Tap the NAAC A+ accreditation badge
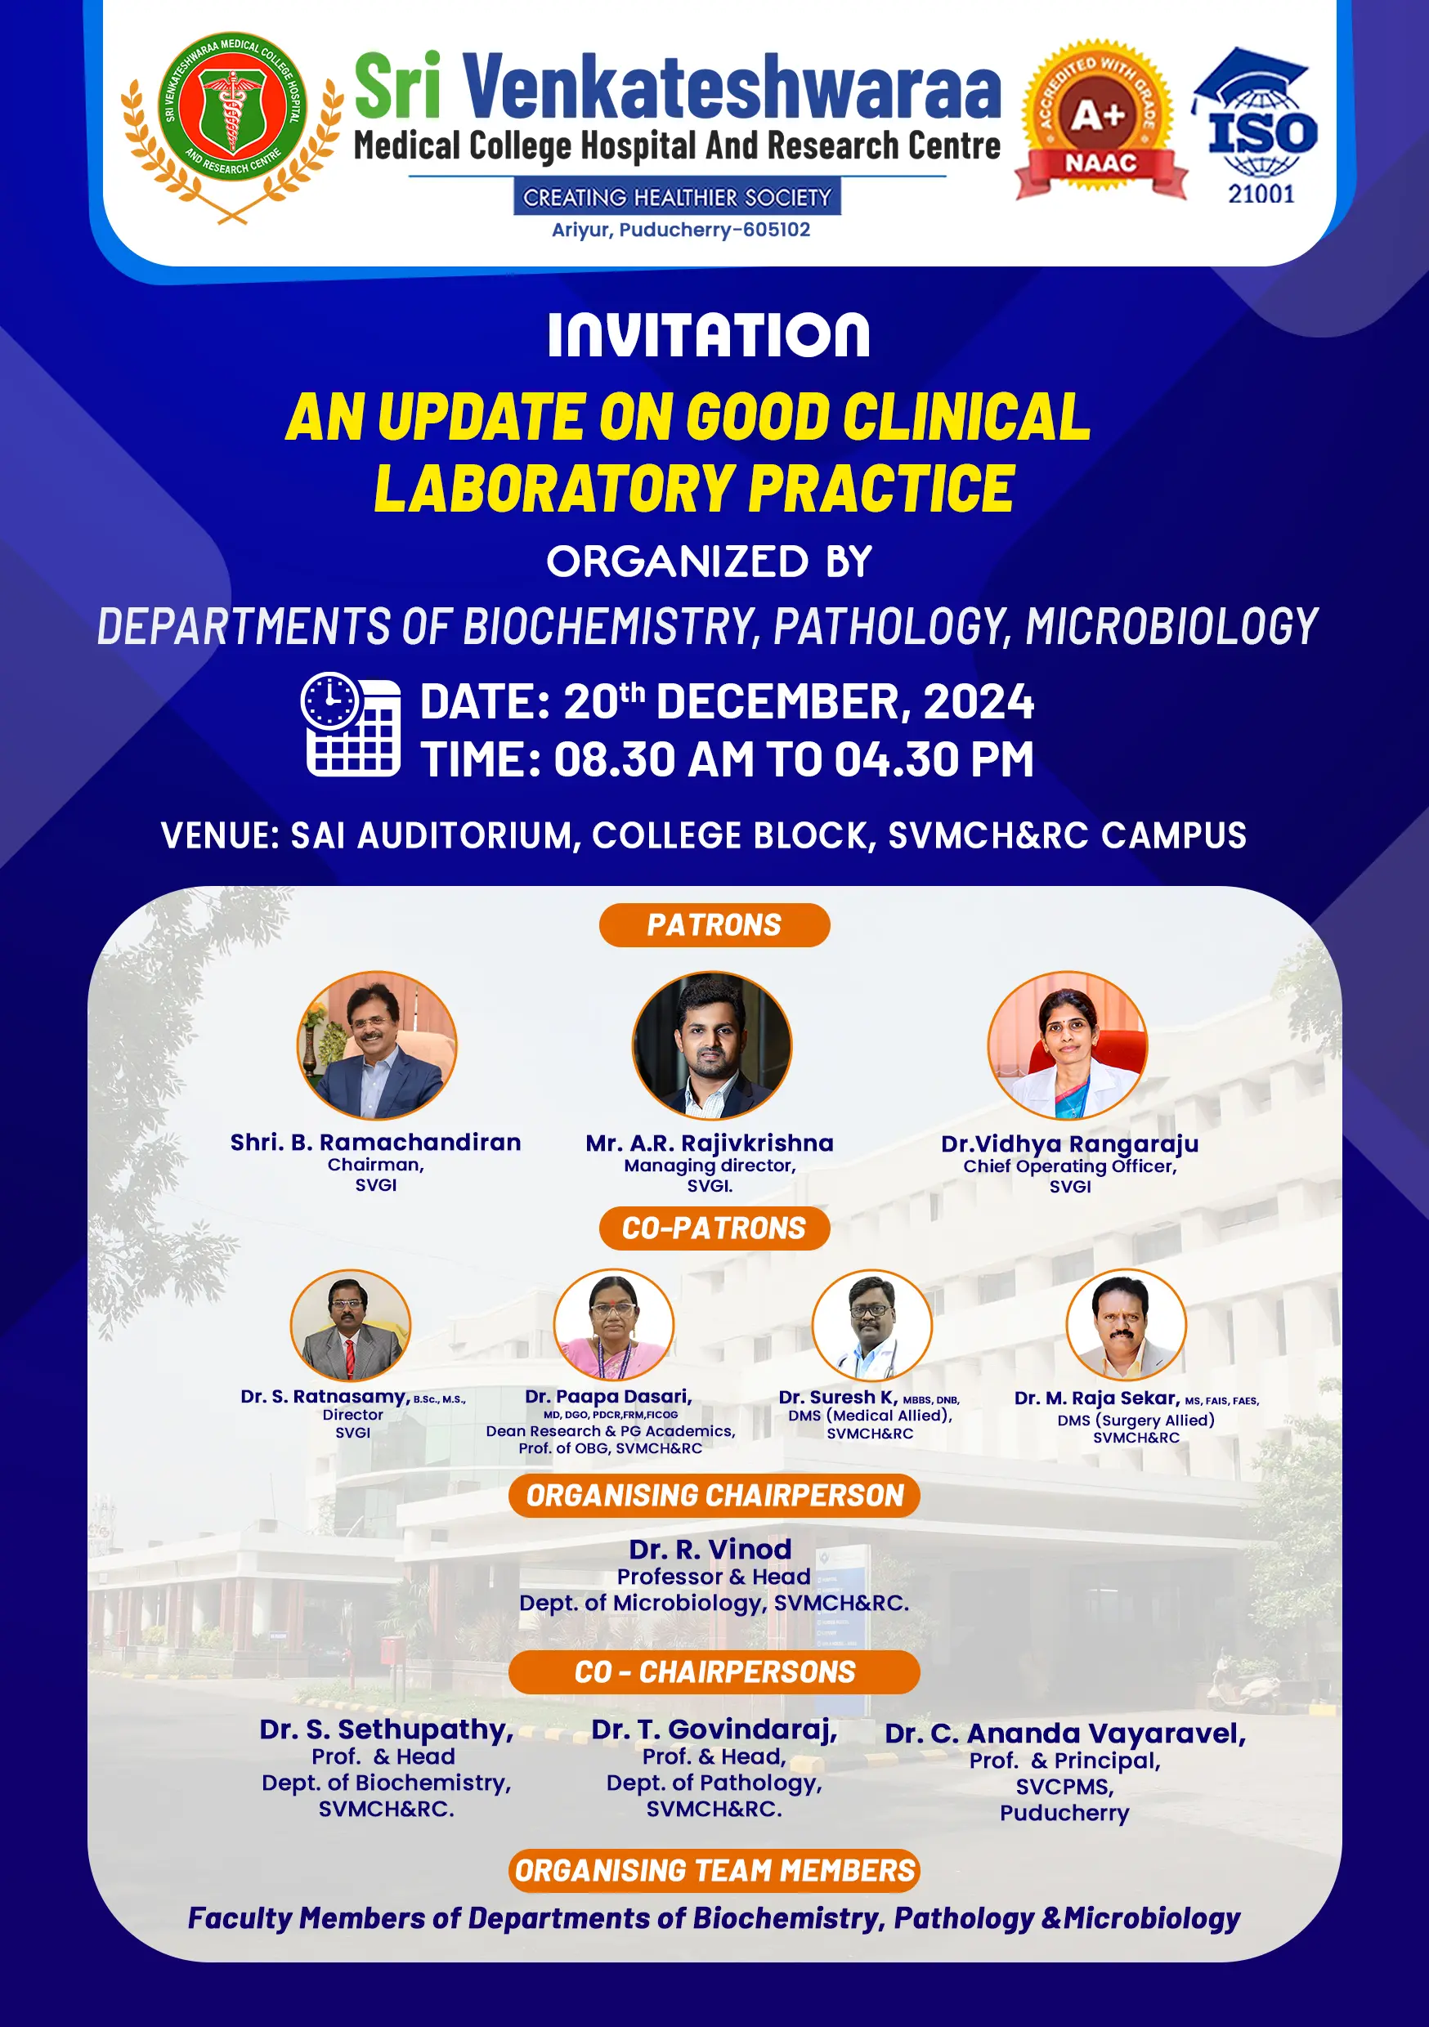pos(1100,119)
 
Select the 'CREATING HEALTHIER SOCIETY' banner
pos(678,197)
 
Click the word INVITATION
pos(708,335)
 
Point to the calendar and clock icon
pos(351,725)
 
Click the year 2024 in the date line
pos(979,703)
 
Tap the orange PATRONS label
pos(714,925)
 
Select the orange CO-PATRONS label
pos(714,1228)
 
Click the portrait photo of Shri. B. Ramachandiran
pos(377,1045)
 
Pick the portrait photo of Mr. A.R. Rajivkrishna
pos(712,1045)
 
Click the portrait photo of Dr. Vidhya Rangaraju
pos(1068,1045)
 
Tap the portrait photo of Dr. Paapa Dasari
pos(614,1324)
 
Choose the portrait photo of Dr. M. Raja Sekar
pos(1126,1324)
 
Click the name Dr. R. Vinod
pos(710,1550)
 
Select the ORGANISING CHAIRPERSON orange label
pos(714,1496)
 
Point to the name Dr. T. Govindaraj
pos(714,1729)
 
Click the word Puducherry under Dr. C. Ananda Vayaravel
pos(1064,1814)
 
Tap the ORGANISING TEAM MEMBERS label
pos(714,1871)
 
